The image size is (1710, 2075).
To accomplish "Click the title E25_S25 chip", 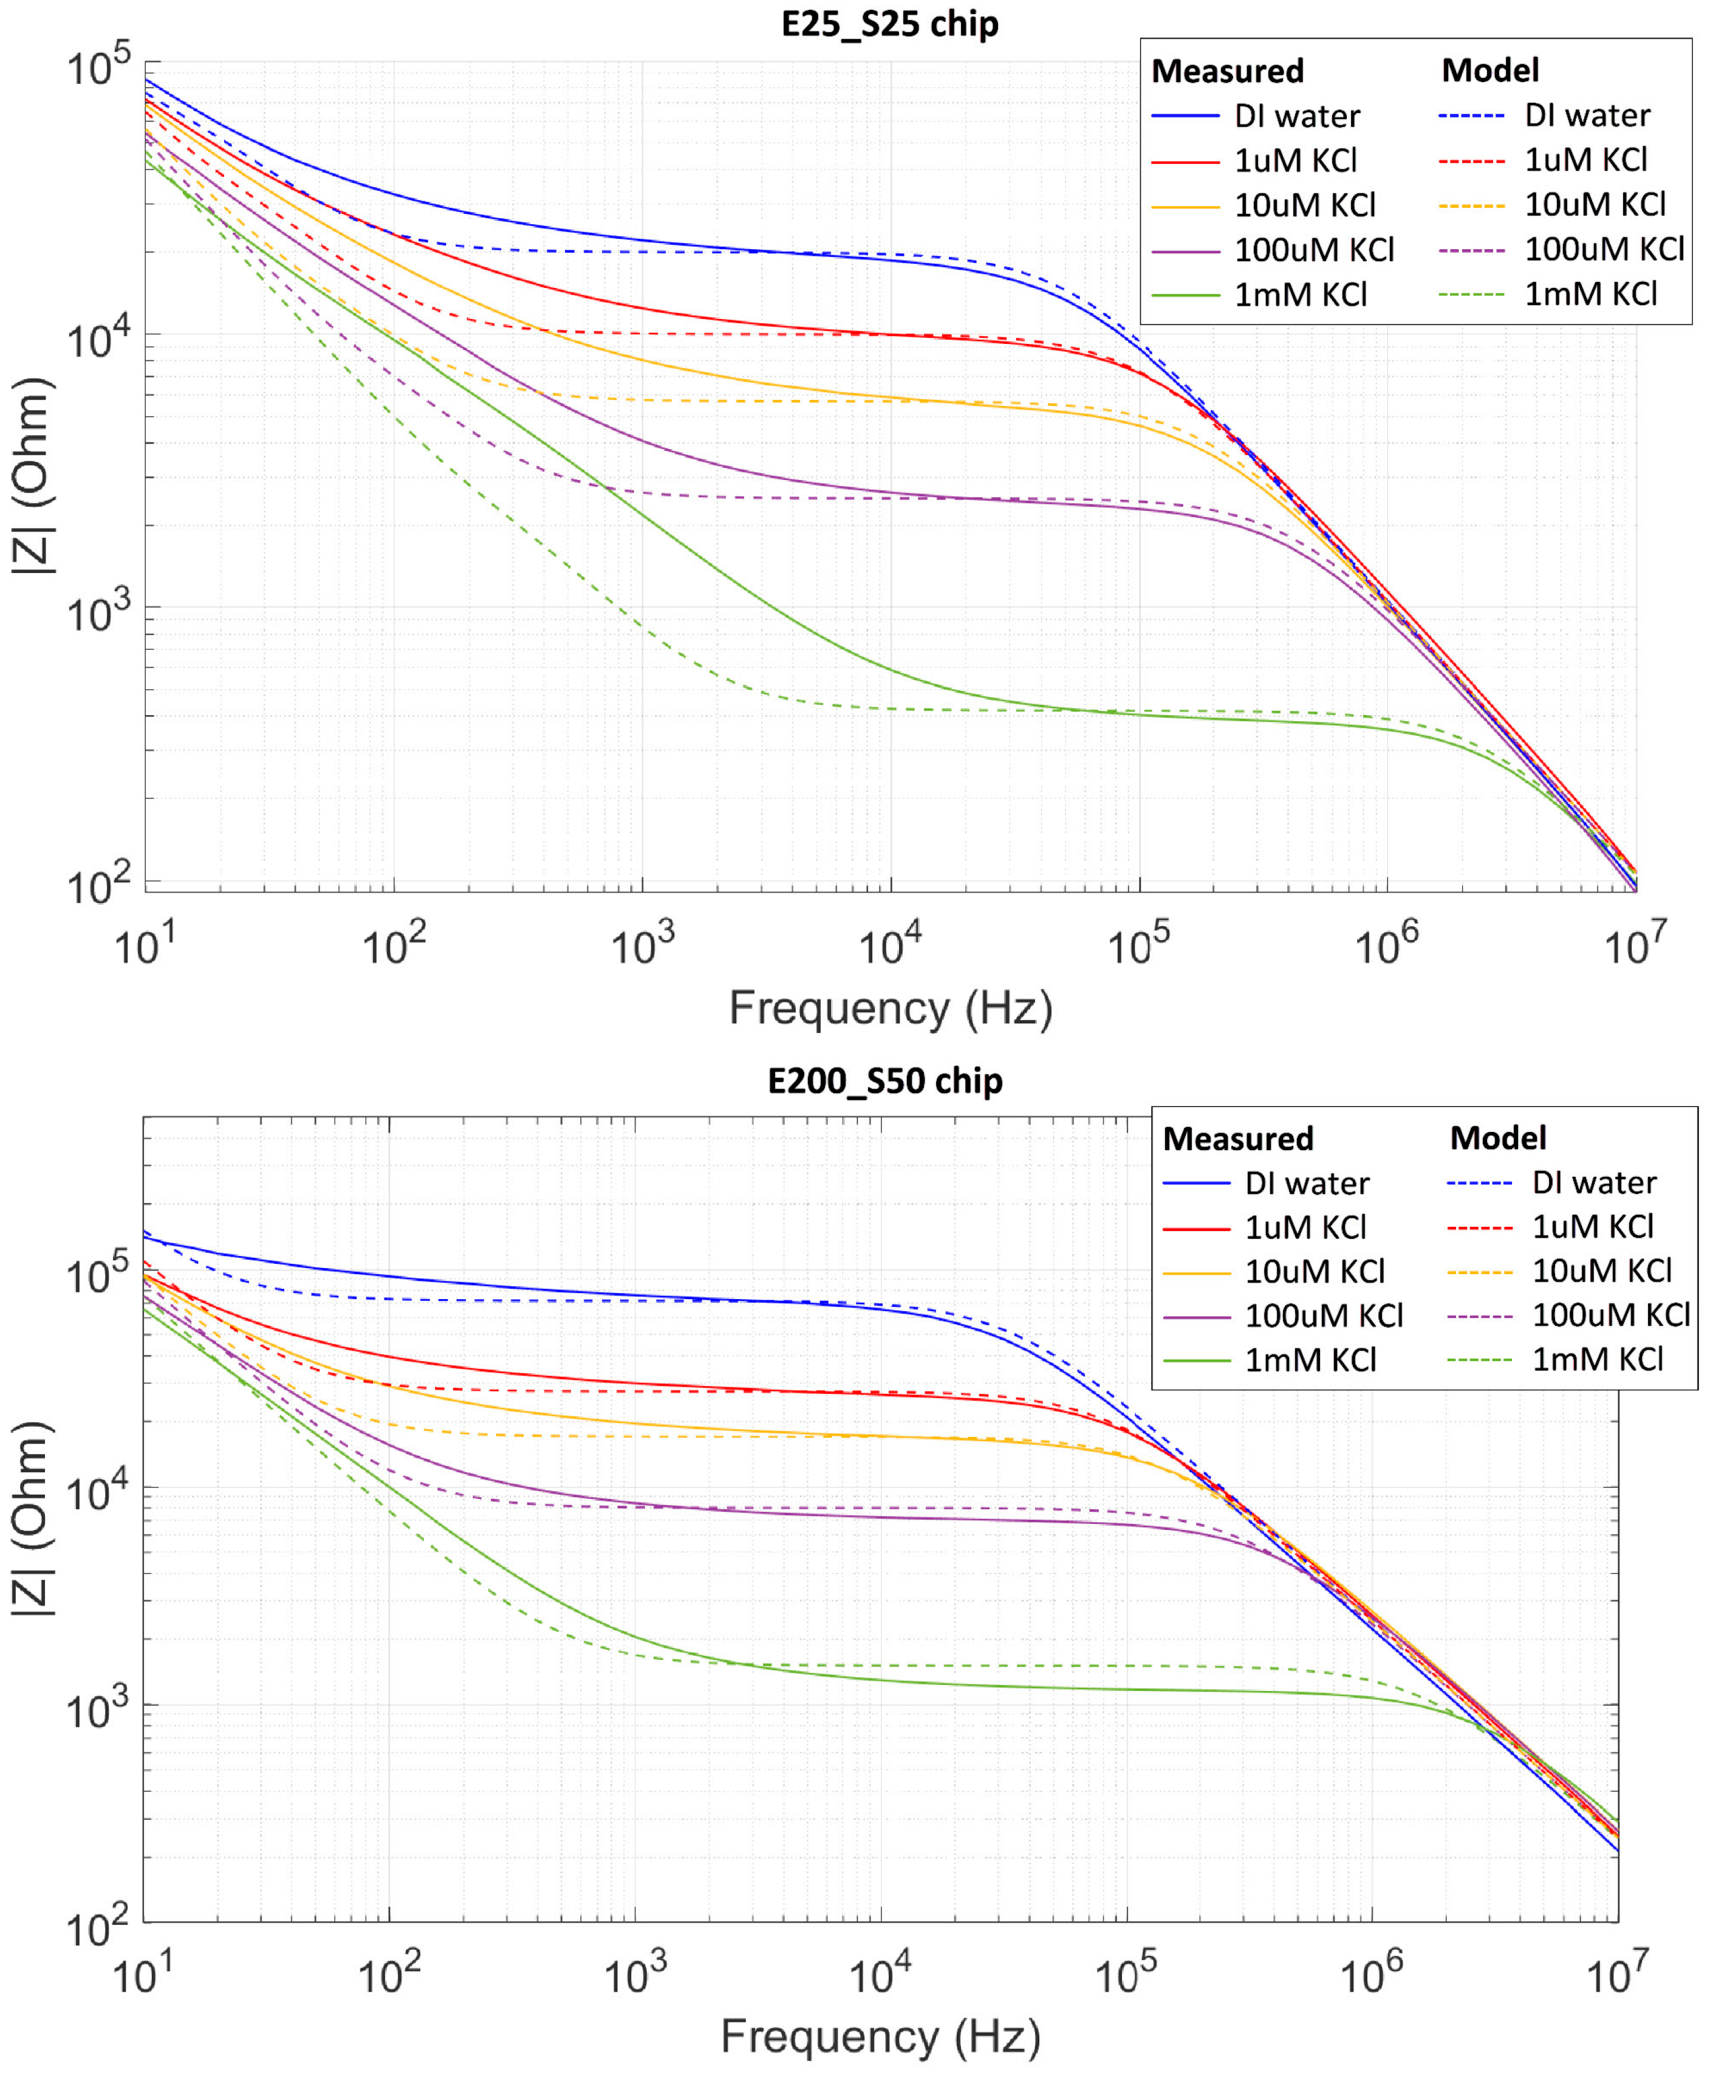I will [889, 24].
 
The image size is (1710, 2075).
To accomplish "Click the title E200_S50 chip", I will [884, 1081].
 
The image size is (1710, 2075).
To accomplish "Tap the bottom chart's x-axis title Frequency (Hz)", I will [880, 2036].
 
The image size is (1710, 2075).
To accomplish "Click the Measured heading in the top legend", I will [1227, 71].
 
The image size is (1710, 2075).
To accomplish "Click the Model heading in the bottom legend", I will [1497, 1138].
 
